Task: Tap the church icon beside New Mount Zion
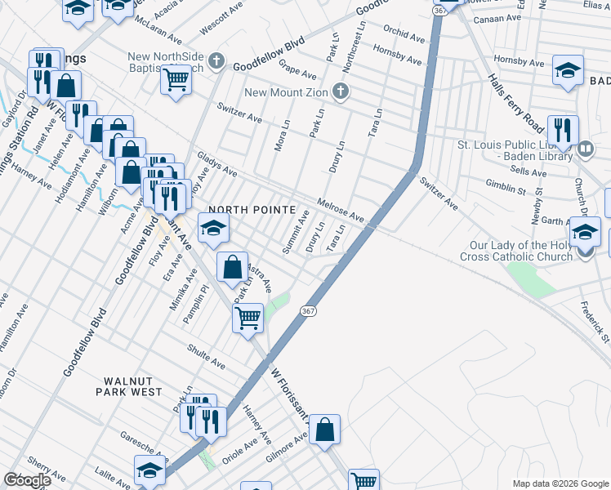pos(343,91)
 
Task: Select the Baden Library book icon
pos(585,150)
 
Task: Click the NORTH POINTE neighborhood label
pos(252,210)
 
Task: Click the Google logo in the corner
pos(26,480)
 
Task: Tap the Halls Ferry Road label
pos(515,102)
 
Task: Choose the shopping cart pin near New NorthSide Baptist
pos(176,81)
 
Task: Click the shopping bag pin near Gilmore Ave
pos(324,430)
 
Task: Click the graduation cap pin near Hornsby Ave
pos(568,71)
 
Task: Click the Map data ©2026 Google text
pos(560,483)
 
